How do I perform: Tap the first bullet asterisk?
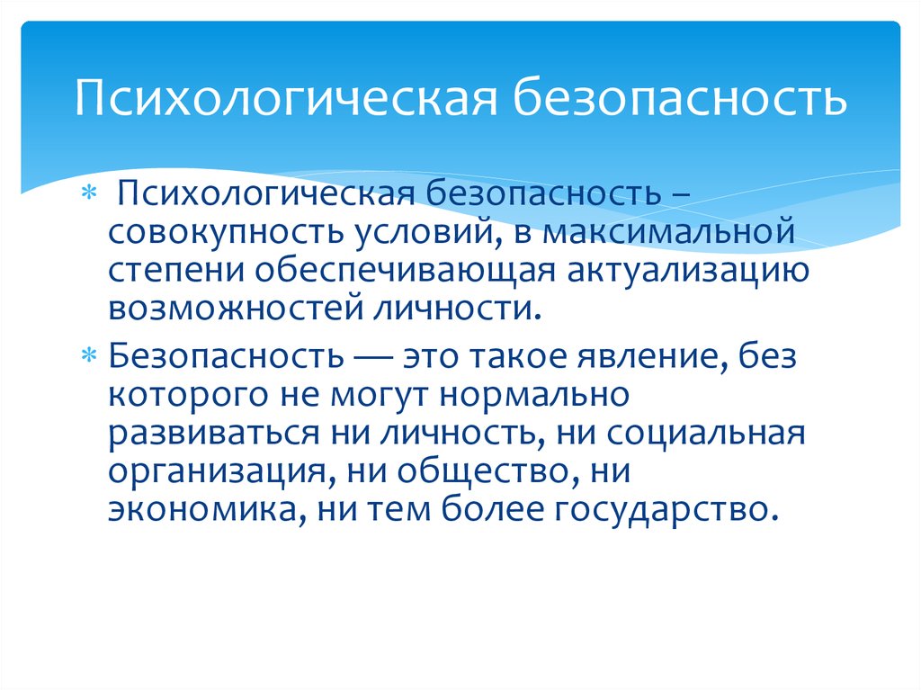pyautogui.click(x=88, y=193)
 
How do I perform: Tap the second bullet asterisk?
pyautogui.click(x=88, y=355)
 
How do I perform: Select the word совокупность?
pyautogui.click(x=226, y=231)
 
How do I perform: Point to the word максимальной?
pyautogui.click(x=668, y=230)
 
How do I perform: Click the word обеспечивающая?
pyautogui.click(x=405, y=271)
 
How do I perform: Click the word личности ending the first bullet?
pyautogui.click(x=456, y=309)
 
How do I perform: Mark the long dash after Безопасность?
pyautogui.click(x=373, y=357)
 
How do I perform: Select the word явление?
pyautogui.click(x=651, y=357)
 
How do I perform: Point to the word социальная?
pyautogui.click(x=705, y=434)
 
